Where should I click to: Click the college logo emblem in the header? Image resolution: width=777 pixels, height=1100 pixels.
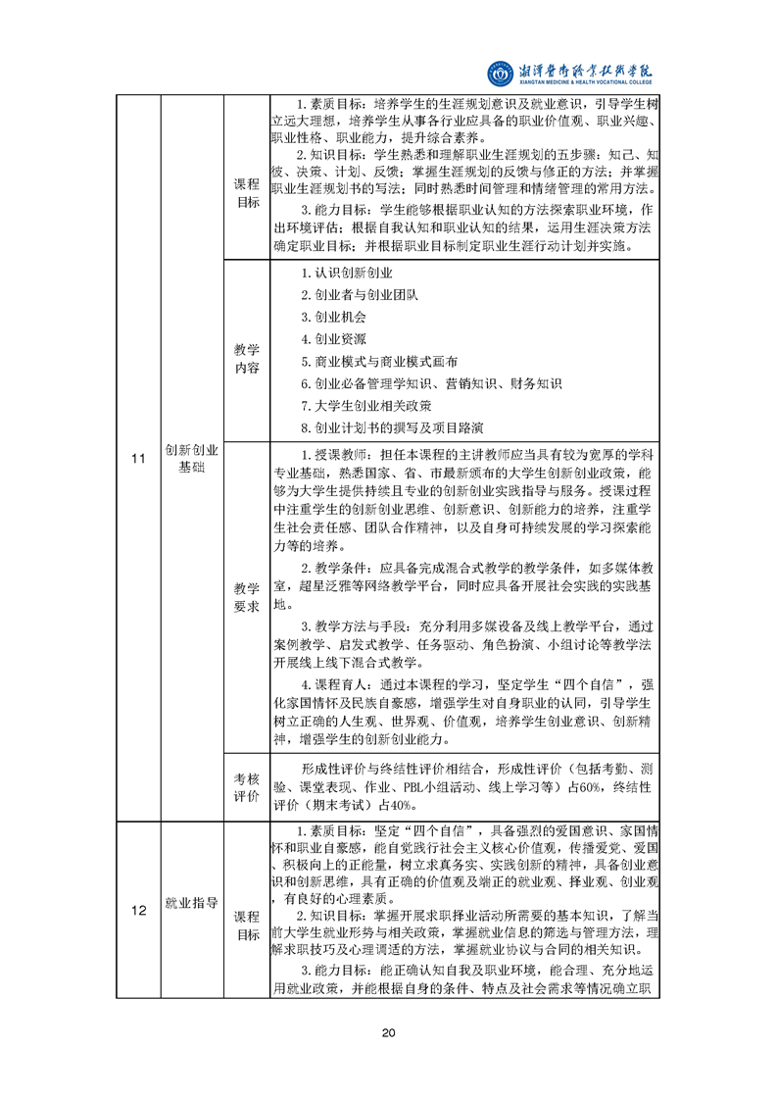501,72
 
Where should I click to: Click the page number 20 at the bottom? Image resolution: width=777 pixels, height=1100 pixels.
388,1032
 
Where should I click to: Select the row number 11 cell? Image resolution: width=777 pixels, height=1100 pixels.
137,458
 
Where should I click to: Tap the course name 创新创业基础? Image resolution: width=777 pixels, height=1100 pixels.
191,458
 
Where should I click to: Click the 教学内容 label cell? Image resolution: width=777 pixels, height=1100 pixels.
246,358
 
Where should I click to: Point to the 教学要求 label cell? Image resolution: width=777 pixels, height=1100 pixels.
246,597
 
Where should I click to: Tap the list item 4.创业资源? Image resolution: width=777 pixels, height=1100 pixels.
333,339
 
